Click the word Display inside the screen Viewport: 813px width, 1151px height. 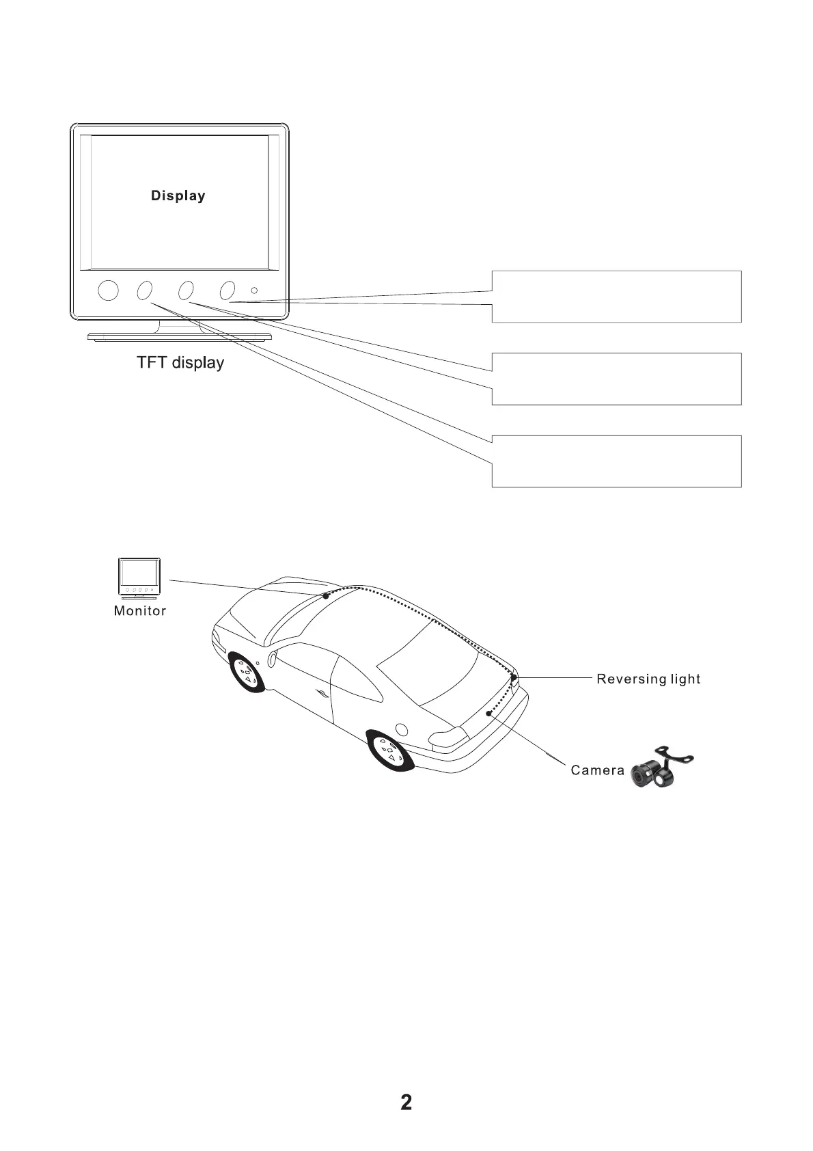click(178, 196)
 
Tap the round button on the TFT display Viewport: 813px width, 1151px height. click(108, 290)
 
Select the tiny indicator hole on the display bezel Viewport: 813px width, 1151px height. click(254, 290)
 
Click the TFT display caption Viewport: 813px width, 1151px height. click(180, 362)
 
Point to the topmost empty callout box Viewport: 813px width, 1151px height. click(616, 296)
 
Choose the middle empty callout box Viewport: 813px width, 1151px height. click(616, 379)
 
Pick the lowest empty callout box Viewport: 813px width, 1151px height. click(616, 461)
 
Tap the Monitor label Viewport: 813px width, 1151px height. click(140, 611)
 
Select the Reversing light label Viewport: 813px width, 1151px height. click(648, 679)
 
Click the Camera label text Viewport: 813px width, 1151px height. click(597, 770)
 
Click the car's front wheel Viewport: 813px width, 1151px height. click(246, 673)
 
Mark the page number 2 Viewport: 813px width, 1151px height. click(406, 1102)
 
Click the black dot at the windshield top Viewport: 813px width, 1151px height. click(326, 596)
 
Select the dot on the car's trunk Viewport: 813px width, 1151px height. click(488, 714)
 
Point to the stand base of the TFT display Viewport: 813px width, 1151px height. click(180, 336)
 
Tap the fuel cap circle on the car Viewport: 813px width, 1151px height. click(402, 729)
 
